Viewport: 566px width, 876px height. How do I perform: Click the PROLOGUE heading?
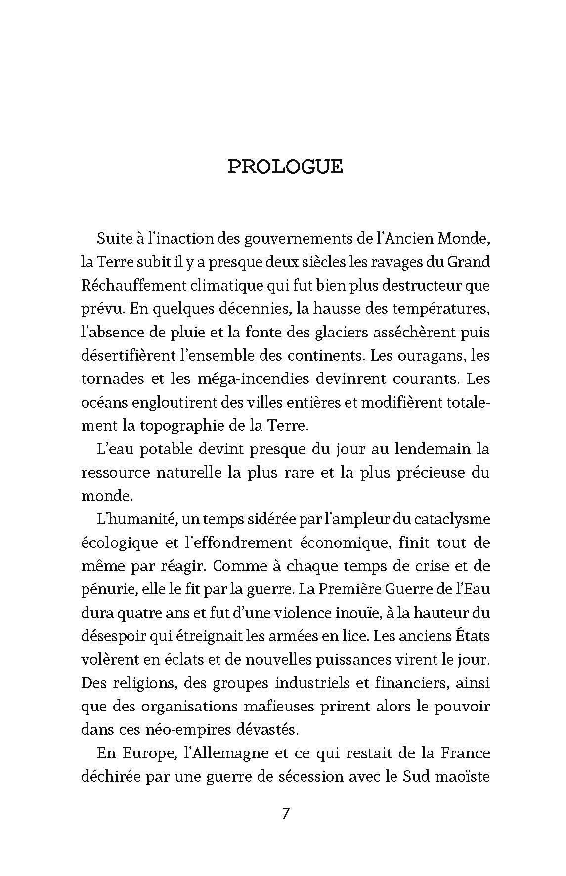[x=285, y=167]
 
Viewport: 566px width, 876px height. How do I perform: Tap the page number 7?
[x=285, y=813]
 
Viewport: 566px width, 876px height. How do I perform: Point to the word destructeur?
[x=422, y=285]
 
